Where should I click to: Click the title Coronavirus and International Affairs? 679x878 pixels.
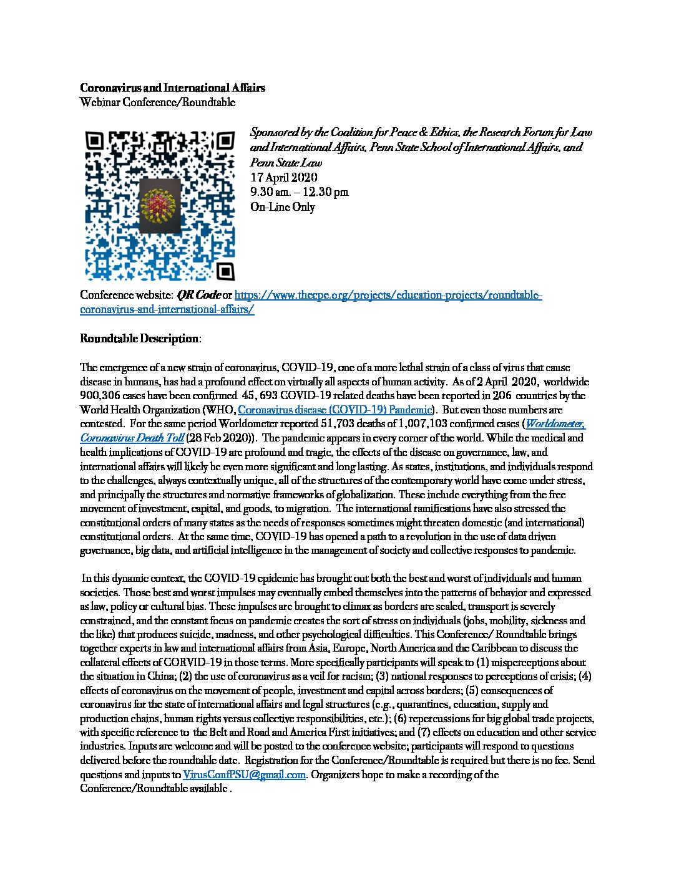pyautogui.click(x=172, y=88)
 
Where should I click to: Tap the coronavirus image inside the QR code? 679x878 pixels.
pyautogui.click(x=159, y=206)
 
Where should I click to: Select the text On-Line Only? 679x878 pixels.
pyautogui.click(x=282, y=207)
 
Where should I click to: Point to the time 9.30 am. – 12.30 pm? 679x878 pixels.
pyautogui.click(x=299, y=192)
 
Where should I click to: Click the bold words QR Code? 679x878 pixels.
pyautogui.click(x=198, y=295)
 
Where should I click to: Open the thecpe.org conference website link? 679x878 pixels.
pyautogui.click(x=387, y=295)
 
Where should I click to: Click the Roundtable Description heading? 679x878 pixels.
pyautogui.click(x=139, y=339)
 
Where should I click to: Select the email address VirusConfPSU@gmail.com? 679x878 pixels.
pyautogui.click(x=244, y=774)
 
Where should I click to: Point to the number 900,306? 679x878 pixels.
pyautogui.click(x=101, y=395)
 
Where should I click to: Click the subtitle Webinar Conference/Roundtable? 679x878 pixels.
pyautogui.click(x=157, y=102)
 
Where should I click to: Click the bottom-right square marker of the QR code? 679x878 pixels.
pyautogui.click(x=225, y=271)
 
